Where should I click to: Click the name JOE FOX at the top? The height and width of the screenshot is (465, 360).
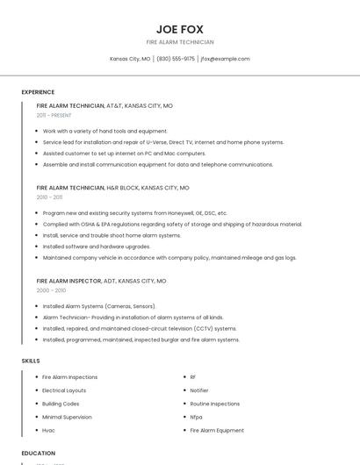coord(179,29)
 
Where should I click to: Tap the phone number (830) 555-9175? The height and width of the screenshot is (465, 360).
coord(176,59)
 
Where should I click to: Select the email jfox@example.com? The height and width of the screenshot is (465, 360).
coord(225,59)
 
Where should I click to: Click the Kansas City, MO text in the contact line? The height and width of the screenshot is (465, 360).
coord(130,59)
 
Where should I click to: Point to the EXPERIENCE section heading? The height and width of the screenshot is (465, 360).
coord(38,92)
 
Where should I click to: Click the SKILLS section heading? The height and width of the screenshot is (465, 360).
coord(31,361)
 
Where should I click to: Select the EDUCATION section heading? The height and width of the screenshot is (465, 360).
coord(38,454)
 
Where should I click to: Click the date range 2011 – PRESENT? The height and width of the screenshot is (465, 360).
coord(54,115)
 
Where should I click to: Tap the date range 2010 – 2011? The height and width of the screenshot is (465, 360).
coord(49,197)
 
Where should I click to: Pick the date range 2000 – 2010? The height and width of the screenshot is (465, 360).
coord(51,290)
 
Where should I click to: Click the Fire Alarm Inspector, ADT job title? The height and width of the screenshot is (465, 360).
coord(101,281)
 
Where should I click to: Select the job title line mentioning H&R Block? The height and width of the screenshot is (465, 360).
coord(112,188)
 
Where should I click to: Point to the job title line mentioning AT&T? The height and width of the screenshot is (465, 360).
coord(104,105)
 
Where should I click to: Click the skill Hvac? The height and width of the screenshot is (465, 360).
coord(48,431)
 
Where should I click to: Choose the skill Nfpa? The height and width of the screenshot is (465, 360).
coord(196,417)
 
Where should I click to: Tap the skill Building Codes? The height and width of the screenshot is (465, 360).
coord(61,404)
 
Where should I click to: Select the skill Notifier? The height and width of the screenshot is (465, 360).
coord(199,390)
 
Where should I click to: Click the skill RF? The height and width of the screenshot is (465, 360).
coord(193,377)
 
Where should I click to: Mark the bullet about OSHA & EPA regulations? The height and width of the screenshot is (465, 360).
coord(172,224)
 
